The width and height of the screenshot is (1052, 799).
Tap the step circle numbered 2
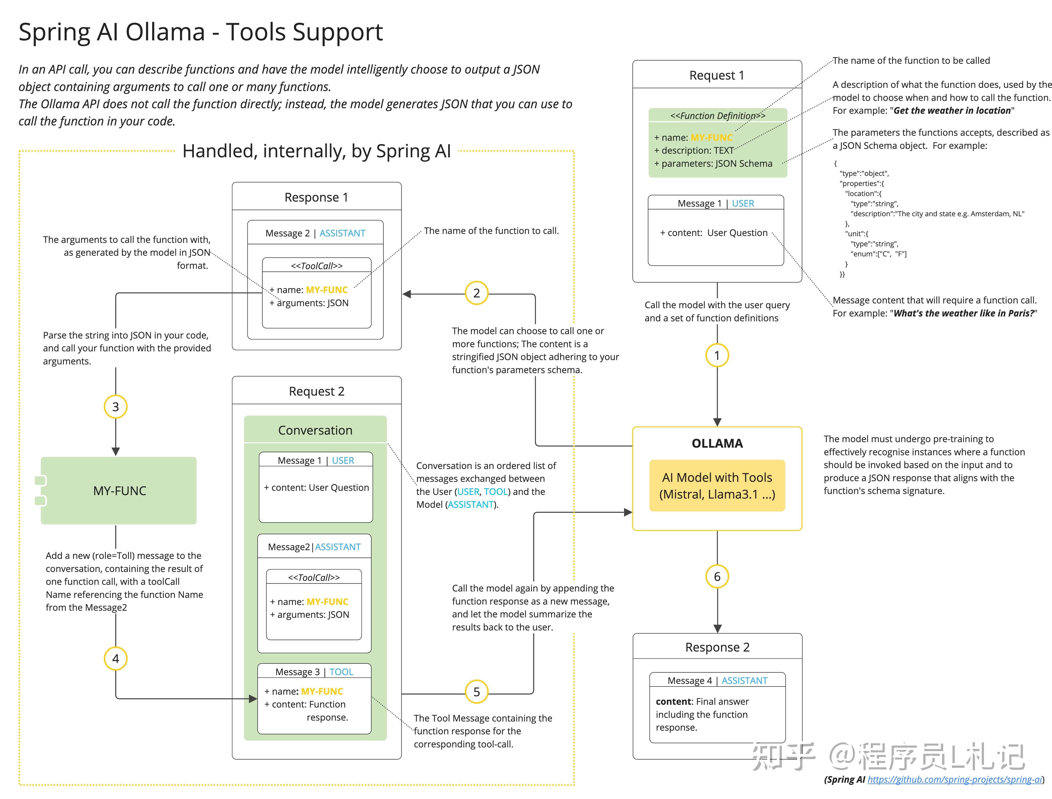point(477,293)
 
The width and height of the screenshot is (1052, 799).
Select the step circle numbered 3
point(115,407)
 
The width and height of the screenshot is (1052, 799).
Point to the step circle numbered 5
point(477,692)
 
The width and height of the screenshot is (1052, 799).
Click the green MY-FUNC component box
point(119,491)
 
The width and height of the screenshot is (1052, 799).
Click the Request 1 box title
point(717,75)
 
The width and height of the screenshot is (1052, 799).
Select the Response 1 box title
point(316,197)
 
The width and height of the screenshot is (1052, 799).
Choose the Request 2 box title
point(316,391)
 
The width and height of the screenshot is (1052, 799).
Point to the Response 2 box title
point(717,647)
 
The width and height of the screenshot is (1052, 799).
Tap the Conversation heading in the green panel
point(315,430)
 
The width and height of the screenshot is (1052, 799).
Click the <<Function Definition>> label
point(718,116)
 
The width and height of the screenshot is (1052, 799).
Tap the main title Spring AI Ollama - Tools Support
point(201,32)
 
